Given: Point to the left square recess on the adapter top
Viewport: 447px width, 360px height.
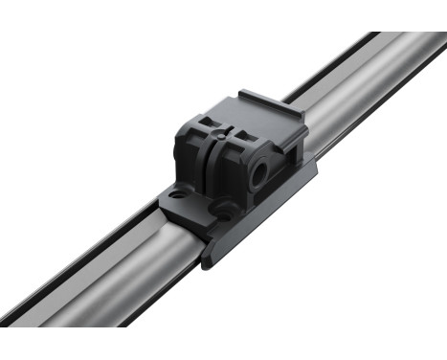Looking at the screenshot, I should (204, 122).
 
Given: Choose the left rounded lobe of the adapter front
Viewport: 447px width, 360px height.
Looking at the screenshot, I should (191, 158).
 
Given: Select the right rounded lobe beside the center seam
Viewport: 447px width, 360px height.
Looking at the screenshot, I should (230, 172).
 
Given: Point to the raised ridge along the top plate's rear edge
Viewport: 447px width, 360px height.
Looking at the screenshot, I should (273, 99).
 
